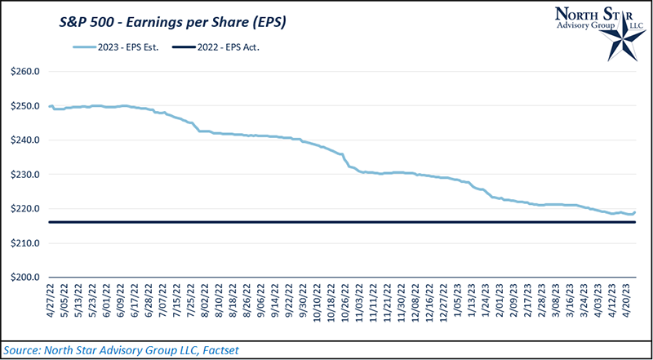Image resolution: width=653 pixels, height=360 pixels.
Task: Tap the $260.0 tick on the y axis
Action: pos(26,72)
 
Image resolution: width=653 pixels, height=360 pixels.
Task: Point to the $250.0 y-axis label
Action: pos(26,106)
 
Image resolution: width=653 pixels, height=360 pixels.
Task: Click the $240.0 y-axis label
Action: pos(26,140)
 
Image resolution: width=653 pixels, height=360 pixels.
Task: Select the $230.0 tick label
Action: pos(26,175)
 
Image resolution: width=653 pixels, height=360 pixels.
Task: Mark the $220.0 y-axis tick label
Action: pos(26,209)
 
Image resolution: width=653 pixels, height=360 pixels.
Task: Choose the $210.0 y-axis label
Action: pos(26,243)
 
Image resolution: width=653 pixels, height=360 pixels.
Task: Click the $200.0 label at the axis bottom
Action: pos(26,278)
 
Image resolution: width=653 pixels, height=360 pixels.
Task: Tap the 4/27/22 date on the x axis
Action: pos(52,303)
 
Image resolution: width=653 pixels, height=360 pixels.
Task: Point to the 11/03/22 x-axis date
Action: pos(359,304)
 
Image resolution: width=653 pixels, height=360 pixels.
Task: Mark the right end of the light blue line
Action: pos(635,212)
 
